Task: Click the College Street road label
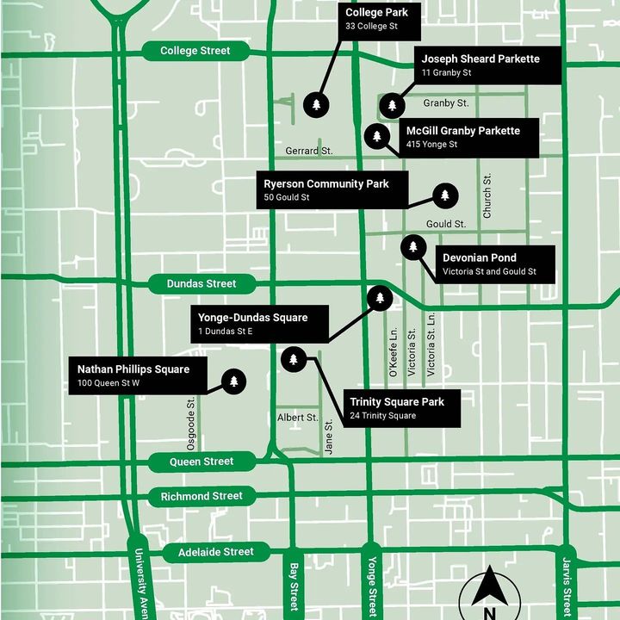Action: pyautogui.click(x=195, y=51)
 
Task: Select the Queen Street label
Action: pyautogui.click(x=201, y=462)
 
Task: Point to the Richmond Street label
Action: pyautogui.click(x=201, y=496)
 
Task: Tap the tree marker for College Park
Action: pyautogui.click(x=317, y=105)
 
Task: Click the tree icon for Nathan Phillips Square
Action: pyautogui.click(x=232, y=381)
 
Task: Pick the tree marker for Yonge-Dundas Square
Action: pyautogui.click(x=380, y=298)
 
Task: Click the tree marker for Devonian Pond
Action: pyautogui.click(x=413, y=248)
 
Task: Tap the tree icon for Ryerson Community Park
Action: pyautogui.click(x=444, y=196)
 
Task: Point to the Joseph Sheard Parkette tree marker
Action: pyautogui.click(x=393, y=105)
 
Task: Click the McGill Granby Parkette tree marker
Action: pyautogui.click(x=376, y=136)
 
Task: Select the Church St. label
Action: pyautogui.click(x=487, y=195)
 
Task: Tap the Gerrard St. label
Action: pyautogui.click(x=309, y=151)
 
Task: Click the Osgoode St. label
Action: pyautogui.click(x=192, y=423)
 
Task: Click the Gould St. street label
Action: pyautogui.click(x=445, y=224)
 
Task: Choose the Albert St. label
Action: pyautogui.click(x=298, y=418)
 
